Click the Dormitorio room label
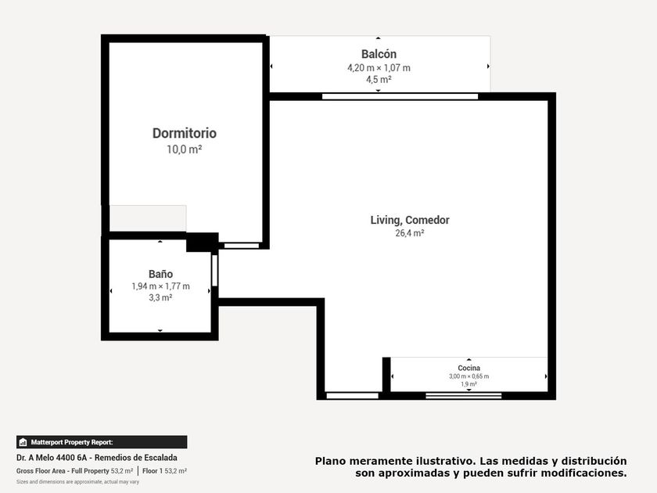[185, 133]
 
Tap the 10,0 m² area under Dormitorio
[185, 149]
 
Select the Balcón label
[379, 54]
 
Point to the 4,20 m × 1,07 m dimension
[379, 68]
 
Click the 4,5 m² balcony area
[379, 79]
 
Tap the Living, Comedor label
[410, 220]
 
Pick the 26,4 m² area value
[410, 233]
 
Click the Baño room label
[160, 274]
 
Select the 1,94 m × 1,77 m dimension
[160, 286]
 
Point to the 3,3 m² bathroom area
[160, 297]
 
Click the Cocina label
[469, 368]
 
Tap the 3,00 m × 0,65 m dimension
[469, 376]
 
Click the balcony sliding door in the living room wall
[400, 96]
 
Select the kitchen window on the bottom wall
[463, 395]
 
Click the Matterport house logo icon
[23, 442]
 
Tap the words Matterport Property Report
[72, 442]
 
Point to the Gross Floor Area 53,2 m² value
[122, 471]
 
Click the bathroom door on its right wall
[214, 271]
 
